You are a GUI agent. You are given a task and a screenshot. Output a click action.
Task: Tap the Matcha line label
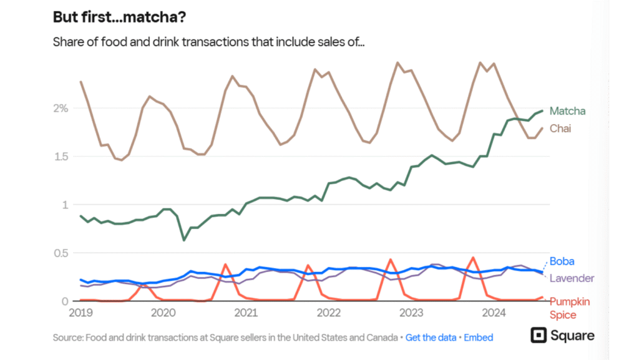(568, 111)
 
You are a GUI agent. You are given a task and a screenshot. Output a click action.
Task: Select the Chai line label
(560, 129)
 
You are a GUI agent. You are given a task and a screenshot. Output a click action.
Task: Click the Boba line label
(562, 261)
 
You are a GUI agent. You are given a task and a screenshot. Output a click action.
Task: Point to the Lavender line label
(572, 278)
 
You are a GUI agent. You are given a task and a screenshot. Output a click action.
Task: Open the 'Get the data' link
(431, 338)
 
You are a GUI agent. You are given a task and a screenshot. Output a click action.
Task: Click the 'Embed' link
(479, 338)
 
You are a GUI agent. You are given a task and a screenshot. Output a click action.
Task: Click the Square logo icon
(538, 336)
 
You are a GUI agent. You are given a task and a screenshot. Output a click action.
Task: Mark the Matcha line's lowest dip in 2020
(183, 240)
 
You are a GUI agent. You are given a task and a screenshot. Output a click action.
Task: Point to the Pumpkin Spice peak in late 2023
(474, 257)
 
